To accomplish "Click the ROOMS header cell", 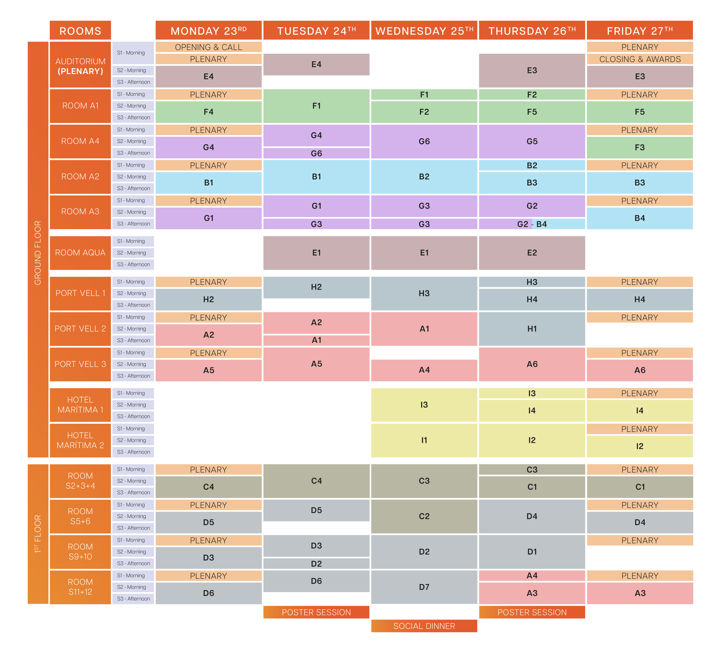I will [x=80, y=31].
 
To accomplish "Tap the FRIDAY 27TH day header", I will [x=639, y=31].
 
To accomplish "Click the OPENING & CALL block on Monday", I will [x=209, y=47].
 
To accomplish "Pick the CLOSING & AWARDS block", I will [x=639, y=59].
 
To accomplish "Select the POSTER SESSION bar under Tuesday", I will [x=316, y=612].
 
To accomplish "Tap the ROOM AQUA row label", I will [x=80, y=253].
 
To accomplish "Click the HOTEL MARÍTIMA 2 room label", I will [x=80, y=440].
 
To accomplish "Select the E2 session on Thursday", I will [x=532, y=253].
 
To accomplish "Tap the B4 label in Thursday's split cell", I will [x=541, y=224].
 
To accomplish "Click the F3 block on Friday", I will [x=639, y=147].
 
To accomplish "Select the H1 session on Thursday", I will [x=532, y=329].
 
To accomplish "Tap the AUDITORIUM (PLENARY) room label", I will [x=80, y=66].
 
